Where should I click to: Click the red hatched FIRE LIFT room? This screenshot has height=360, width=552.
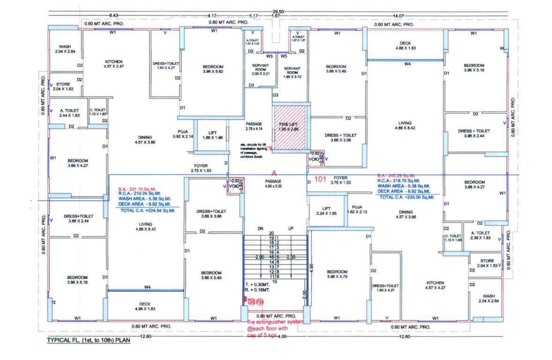tap(289, 127)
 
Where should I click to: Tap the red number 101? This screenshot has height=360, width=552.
tap(320, 179)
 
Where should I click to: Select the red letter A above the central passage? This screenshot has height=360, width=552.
tap(274, 173)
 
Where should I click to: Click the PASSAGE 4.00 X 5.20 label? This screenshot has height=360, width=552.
tap(274, 183)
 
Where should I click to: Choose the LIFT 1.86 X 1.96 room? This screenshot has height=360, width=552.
tap(209, 135)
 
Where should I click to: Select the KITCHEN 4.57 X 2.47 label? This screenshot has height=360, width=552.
tap(113, 64)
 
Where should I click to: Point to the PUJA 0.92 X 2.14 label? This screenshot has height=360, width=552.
tap(182, 134)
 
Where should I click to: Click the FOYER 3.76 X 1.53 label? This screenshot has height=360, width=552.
tap(340, 180)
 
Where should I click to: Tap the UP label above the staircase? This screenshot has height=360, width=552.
tap(291, 228)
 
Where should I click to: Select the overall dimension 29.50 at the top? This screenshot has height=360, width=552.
tap(278, 12)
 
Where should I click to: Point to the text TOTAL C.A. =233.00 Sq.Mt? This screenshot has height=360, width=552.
tap(407, 197)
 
